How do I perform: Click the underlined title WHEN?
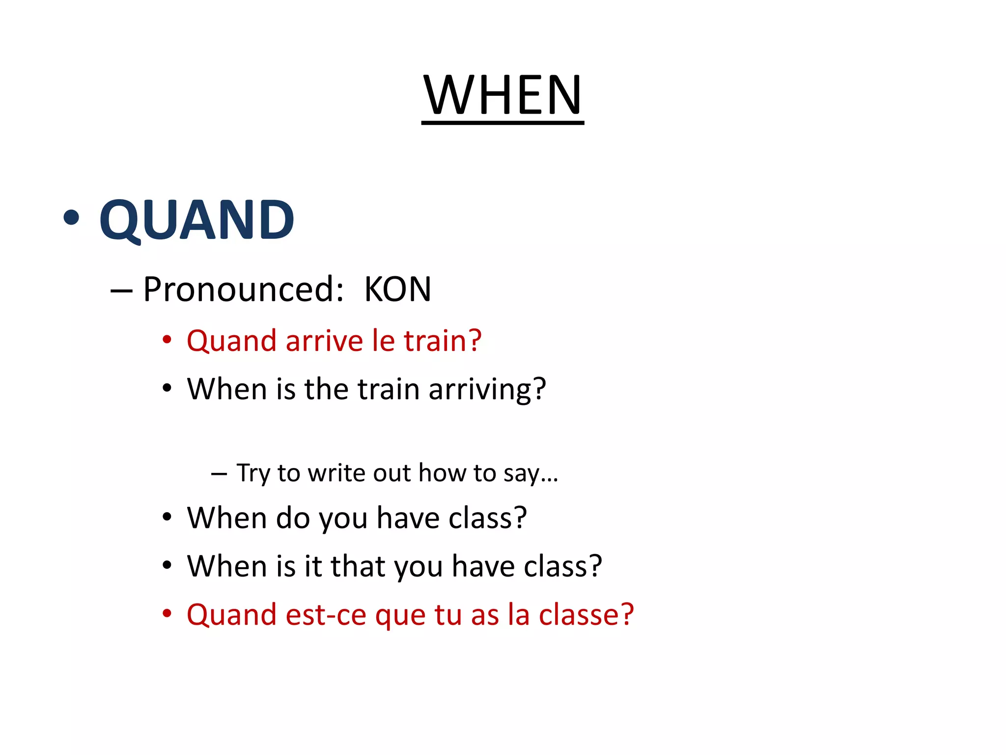pyautogui.click(x=503, y=95)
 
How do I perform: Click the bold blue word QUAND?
pyautogui.click(x=196, y=220)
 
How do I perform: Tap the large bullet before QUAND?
pyautogui.click(x=71, y=217)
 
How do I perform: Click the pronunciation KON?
pyautogui.click(x=397, y=290)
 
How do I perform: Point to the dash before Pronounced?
pyautogui.click(x=121, y=291)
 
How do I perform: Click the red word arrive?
pyautogui.click(x=324, y=341)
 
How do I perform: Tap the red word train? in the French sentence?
pyautogui.click(x=442, y=341)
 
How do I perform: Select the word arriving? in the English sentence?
pyautogui.click(x=487, y=390)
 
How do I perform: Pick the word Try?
pyautogui.click(x=253, y=474)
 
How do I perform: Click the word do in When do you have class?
pyautogui.click(x=293, y=518)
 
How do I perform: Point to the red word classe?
pyautogui.click(x=587, y=615)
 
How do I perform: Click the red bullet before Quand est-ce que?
pyautogui.click(x=167, y=613)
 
